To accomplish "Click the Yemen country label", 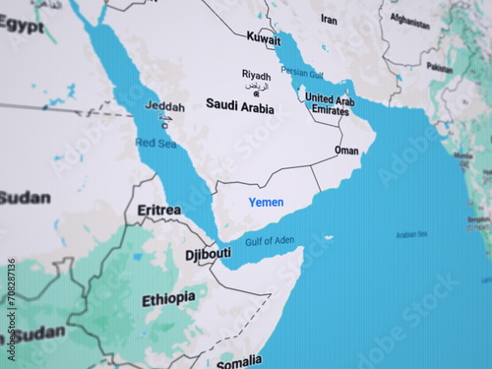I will point(266,202).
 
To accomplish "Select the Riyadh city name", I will point(257,74).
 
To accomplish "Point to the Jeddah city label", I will point(164,105).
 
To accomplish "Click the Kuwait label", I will point(263,38).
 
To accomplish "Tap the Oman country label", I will point(346,151).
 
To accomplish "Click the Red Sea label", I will point(155,143).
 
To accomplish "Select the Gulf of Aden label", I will point(269,240).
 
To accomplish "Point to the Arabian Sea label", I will point(411,234).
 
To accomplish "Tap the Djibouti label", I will point(208,254).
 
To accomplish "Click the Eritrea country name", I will point(158,210).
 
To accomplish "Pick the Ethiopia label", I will point(168,299).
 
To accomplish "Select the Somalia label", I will point(239,360).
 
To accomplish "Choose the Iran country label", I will point(329,20).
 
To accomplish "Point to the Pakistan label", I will point(439,68).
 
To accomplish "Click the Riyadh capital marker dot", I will point(258,94).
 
